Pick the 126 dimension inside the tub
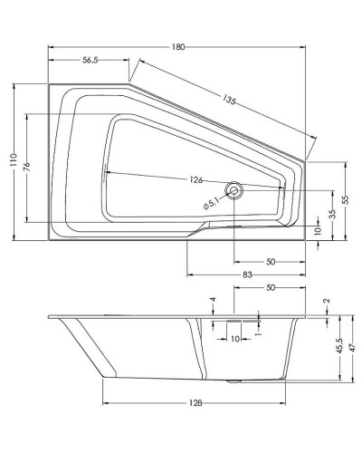click(x=196, y=179)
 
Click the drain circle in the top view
click(x=235, y=190)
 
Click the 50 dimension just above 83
click(x=271, y=261)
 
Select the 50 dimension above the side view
click(x=269, y=287)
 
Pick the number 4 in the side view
click(x=214, y=300)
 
